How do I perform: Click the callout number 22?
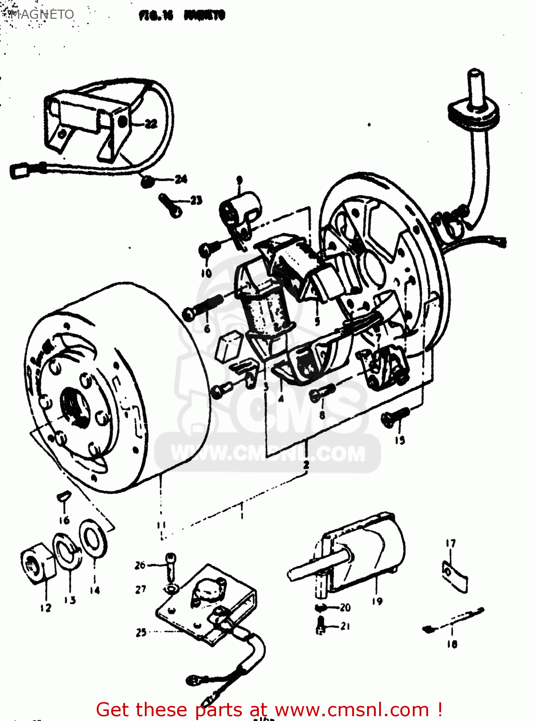click(x=151, y=124)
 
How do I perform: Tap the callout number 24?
click(x=181, y=179)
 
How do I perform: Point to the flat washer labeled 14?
click(x=93, y=538)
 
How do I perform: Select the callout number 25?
click(x=140, y=633)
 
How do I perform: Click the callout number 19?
click(x=377, y=601)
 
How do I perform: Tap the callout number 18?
click(x=451, y=644)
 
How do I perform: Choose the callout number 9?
click(x=239, y=180)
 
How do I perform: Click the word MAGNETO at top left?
click(x=42, y=14)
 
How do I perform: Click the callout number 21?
click(x=345, y=626)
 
